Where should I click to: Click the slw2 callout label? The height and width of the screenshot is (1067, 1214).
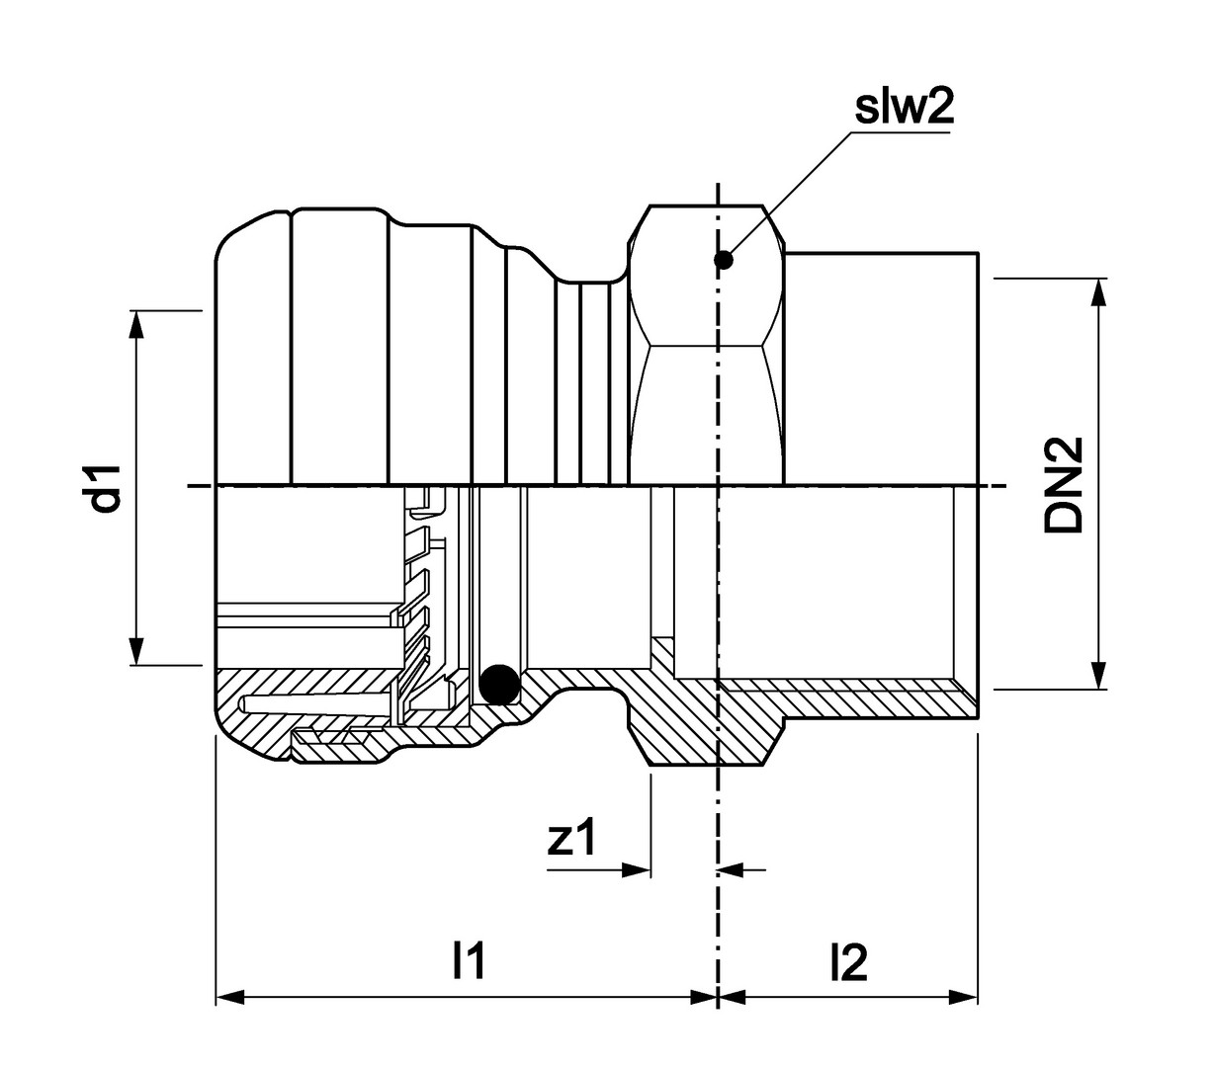click(x=904, y=108)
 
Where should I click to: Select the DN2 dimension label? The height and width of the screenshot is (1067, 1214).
click(x=1065, y=484)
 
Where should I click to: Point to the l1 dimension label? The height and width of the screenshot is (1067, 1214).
click(x=468, y=960)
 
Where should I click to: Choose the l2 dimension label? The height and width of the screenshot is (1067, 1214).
click(x=848, y=960)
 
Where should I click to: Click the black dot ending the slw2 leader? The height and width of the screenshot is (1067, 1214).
click(x=724, y=260)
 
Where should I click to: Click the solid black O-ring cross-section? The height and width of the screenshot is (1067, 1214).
click(x=499, y=684)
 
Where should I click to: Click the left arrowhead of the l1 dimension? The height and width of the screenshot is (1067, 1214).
click(x=229, y=998)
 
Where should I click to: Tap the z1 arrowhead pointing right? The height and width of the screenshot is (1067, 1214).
click(x=638, y=870)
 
